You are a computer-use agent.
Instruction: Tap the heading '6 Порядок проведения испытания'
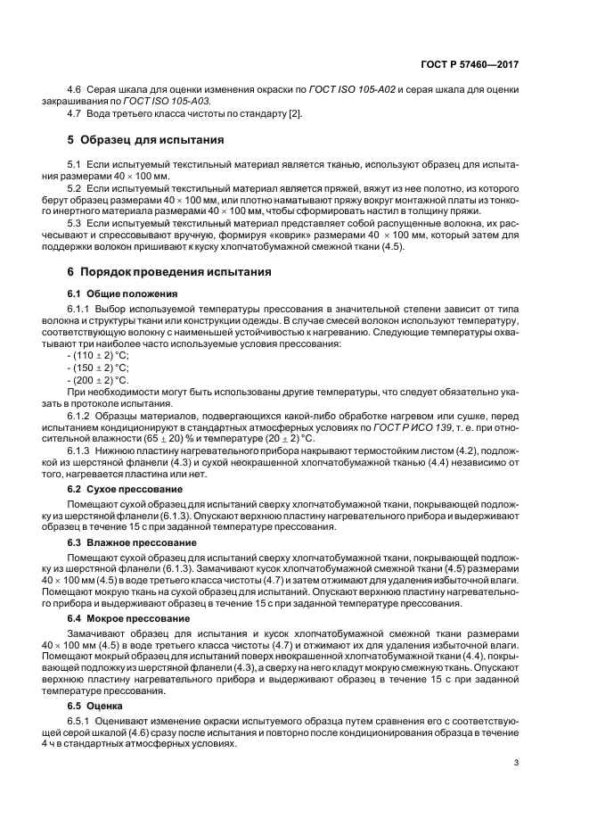tap(164, 271)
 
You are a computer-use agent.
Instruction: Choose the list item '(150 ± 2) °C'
tap(100, 368)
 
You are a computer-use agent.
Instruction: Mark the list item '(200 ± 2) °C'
tap(100, 379)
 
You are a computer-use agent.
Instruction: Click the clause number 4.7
tap(76, 115)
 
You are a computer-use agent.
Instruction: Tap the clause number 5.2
tap(76, 191)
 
